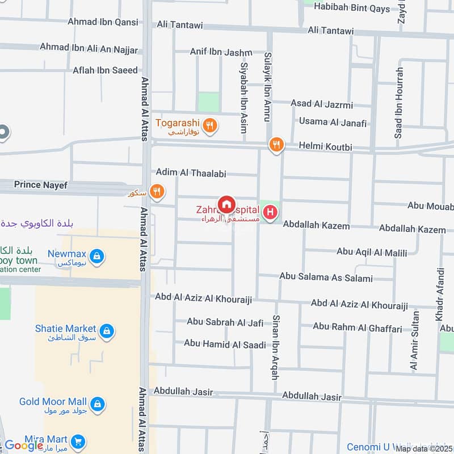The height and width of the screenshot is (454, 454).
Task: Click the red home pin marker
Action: click(x=226, y=204)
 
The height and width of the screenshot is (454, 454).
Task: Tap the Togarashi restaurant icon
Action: click(x=209, y=125)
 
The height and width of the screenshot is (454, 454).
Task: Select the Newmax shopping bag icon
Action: click(x=98, y=257)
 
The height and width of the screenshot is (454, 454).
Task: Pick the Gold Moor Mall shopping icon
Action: click(x=98, y=403)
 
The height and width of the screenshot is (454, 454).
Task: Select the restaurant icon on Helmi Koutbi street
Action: click(x=276, y=145)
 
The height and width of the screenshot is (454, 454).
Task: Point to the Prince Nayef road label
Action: click(x=41, y=184)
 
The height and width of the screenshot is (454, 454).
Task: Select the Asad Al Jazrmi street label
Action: click(x=322, y=104)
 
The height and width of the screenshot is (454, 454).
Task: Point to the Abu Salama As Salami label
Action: click(x=326, y=278)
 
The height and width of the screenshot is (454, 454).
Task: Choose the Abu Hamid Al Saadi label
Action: click(x=225, y=344)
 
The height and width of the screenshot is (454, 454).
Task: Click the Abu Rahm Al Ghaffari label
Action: click(x=357, y=327)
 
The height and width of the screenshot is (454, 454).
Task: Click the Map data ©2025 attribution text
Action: click(x=424, y=448)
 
